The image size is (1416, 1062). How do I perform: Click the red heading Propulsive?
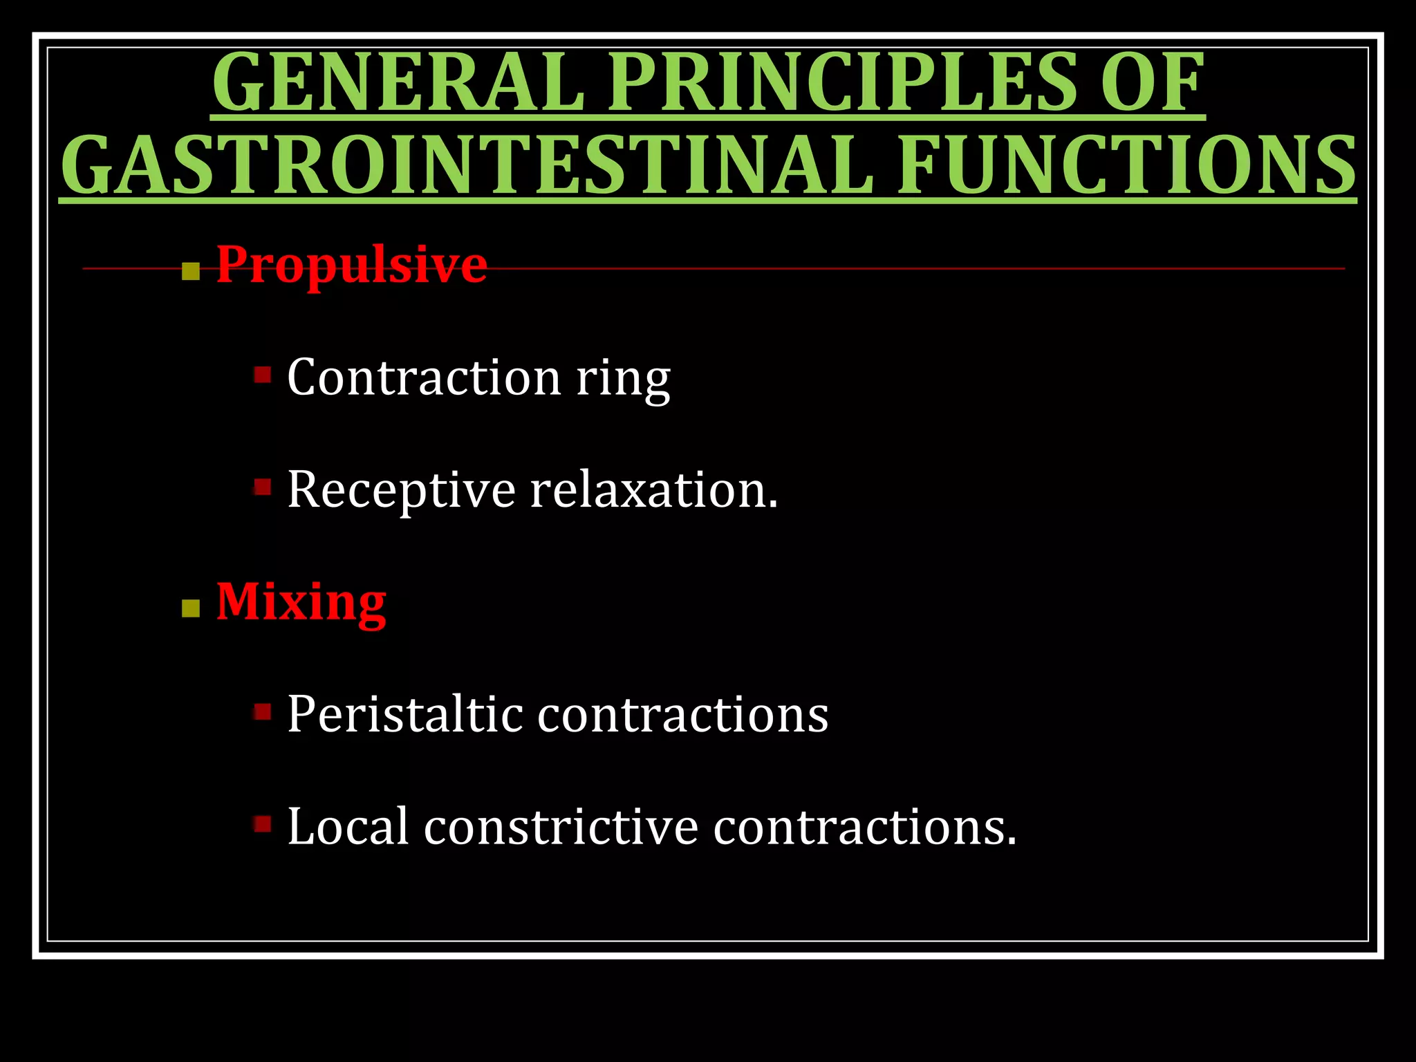pos(351,265)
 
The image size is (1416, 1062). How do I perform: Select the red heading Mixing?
pos(301,602)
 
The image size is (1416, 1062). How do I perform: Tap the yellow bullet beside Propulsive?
pos(190,271)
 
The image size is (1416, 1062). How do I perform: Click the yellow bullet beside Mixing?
pos(190,608)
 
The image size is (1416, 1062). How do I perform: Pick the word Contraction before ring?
pos(423,378)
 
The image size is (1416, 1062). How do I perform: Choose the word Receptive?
pos(401,490)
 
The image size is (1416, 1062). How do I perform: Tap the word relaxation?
pos(653,490)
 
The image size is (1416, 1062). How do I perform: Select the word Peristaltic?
pos(404,714)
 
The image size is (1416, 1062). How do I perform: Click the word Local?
pos(348,826)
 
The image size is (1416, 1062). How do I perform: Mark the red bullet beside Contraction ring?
pos(262,375)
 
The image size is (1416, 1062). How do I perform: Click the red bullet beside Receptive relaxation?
pos(262,487)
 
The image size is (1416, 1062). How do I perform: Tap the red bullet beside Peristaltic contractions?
pos(262,711)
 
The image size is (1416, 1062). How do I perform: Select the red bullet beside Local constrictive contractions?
pos(262,823)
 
